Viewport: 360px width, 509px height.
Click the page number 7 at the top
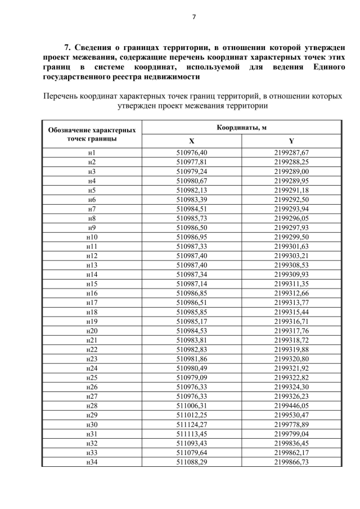pyautogui.click(x=193, y=16)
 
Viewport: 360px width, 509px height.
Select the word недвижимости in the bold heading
pyautogui.click(x=174, y=77)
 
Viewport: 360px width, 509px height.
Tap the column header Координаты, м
pyautogui.click(x=241, y=128)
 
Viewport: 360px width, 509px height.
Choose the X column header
pyautogui.click(x=191, y=141)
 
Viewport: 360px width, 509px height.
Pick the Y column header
pyautogui.click(x=291, y=141)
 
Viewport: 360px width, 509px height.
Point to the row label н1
pyautogui.click(x=92, y=152)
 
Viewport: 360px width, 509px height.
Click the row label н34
pyautogui.click(x=92, y=462)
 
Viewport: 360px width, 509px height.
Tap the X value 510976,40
pyautogui.click(x=191, y=152)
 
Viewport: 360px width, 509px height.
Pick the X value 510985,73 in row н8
pyautogui.click(x=191, y=218)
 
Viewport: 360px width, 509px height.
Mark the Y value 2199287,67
pyautogui.click(x=291, y=152)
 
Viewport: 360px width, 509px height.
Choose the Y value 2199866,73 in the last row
pyautogui.click(x=291, y=462)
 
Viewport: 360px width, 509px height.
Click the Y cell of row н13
pyautogui.click(x=291, y=265)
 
